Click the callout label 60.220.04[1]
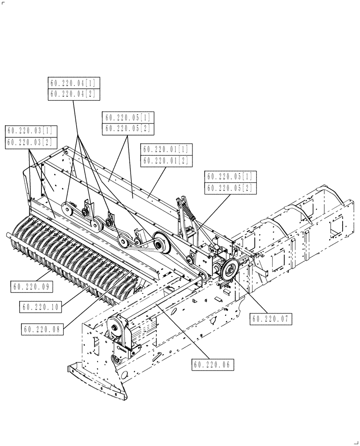74,83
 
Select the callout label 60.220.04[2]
74,94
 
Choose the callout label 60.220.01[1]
166,149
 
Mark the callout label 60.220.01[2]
166,161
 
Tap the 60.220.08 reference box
43,329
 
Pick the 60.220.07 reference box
272,319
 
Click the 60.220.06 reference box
213,364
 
